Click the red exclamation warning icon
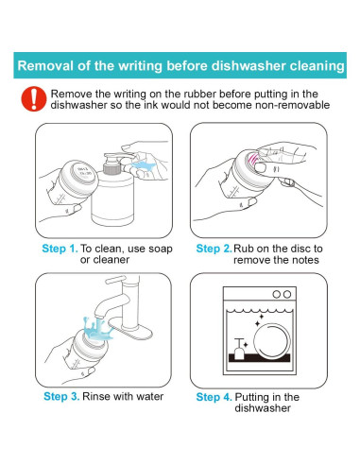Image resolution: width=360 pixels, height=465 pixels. [34, 99]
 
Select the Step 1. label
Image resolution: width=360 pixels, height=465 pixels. [60, 249]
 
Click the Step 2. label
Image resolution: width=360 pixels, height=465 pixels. [214, 249]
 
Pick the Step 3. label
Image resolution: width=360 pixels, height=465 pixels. [61, 396]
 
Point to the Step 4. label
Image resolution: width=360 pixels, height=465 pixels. [214, 397]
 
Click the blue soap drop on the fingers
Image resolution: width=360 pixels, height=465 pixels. [143, 165]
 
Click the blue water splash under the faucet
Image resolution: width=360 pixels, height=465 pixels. [98, 329]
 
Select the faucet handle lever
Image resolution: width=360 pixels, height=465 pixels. [116, 280]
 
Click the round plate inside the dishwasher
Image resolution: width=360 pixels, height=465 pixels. [272, 341]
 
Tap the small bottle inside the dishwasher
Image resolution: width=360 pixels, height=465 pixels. [239, 349]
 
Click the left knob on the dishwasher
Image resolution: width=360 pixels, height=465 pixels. [276, 294]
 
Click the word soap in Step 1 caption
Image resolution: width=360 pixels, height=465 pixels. [161, 249]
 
